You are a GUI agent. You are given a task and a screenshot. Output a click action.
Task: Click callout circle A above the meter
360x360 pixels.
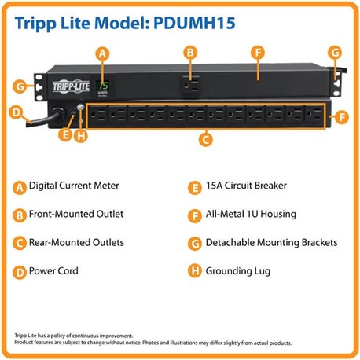[x=101, y=53]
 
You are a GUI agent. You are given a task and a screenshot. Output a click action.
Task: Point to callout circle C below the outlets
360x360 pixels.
[x=205, y=141]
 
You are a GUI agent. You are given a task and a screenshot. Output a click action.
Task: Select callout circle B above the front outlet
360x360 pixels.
[x=189, y=53]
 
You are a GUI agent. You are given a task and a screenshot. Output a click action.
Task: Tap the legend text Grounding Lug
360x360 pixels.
[x=238, y=271]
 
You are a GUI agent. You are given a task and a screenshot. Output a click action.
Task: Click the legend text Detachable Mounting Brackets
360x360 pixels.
[x=272, y=243]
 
